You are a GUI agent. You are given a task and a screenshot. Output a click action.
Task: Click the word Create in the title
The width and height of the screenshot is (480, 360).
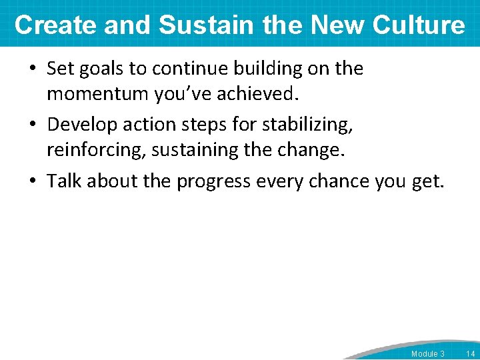pyautogui.click(x=54, y=25)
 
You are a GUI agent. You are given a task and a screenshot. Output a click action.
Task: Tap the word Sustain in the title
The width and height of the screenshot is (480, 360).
pyautogui.click(x=205, y=25)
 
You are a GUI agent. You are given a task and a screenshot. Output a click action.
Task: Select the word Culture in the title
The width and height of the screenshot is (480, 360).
pyautogui.click(x=419, y=25)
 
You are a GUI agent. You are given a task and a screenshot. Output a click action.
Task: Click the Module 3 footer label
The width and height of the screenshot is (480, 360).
pyautogui.click(x=427, y=353)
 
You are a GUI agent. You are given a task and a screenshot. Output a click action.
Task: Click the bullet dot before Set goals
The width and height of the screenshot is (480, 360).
pyautogui.click(x=33, y=69)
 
